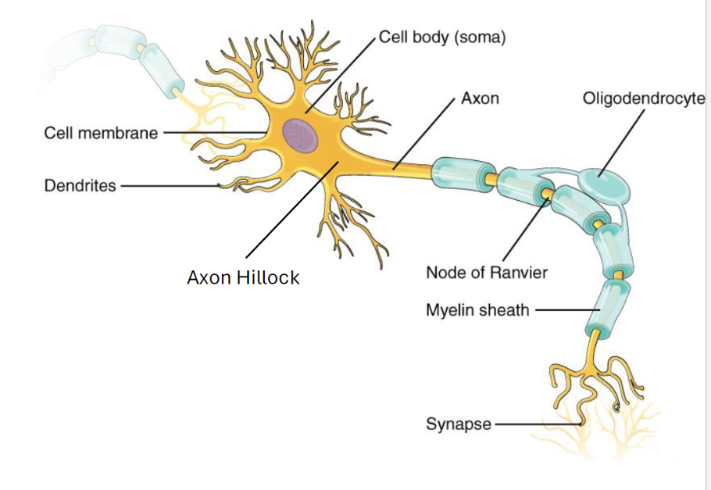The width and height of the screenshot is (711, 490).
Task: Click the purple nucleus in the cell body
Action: tap(301, 135)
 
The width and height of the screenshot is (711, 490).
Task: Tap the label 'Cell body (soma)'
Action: tap(442, 38)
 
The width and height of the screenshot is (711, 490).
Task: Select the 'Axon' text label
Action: tap(480, 99)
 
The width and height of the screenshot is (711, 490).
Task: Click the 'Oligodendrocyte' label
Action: tap(643, 99)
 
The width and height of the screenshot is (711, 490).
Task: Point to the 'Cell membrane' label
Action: tap(101, 133)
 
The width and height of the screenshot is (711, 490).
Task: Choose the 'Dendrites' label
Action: tap(80, 186)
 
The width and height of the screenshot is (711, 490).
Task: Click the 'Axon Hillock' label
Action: tap(243, 277)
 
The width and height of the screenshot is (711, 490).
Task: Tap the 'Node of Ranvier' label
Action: tap(487, 273)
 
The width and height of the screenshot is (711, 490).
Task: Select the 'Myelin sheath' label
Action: tap(477, 310)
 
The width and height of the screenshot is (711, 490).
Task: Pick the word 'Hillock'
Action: tap(270, 277)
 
